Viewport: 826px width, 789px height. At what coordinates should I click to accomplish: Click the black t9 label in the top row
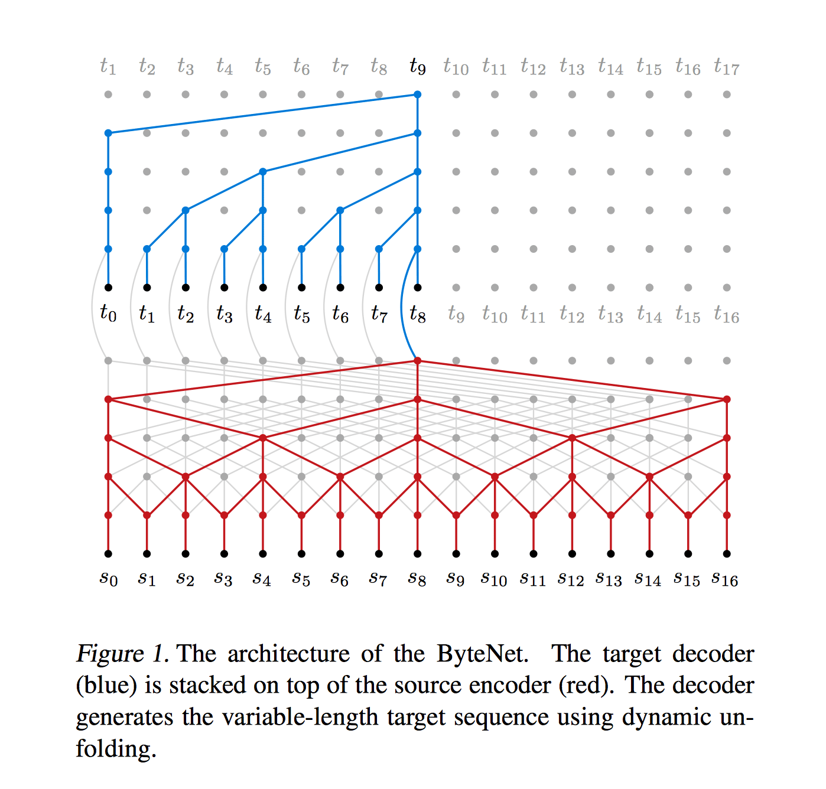click(417, 67)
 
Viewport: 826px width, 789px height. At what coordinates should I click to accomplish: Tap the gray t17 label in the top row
click(726, 67)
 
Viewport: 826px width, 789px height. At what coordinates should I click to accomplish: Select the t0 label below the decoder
click(108, 314)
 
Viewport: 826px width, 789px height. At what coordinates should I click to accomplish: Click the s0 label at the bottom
click(108, 579)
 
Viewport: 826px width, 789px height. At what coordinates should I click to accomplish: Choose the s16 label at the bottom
click(725, 579)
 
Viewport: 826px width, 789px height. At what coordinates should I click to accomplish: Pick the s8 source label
click(417, 579)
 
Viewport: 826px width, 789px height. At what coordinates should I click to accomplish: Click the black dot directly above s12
click(572, 553)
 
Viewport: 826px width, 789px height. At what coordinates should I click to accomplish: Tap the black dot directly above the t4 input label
click(263, 288)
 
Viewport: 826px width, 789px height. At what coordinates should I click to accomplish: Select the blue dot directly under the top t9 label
click(417, 94)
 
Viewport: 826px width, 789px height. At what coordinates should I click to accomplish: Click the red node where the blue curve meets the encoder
click(417, 361)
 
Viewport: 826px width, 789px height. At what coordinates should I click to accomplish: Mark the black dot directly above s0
click(108, 553)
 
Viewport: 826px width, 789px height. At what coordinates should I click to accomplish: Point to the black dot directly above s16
click(727, 553)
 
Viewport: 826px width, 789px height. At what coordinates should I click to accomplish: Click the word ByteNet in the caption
click(483, 654)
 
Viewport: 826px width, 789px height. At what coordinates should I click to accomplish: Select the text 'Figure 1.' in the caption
click(123, 654)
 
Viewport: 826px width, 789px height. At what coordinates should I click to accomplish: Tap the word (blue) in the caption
click(106, 686)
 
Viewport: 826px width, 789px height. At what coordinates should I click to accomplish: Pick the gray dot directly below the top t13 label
click(572, 94)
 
